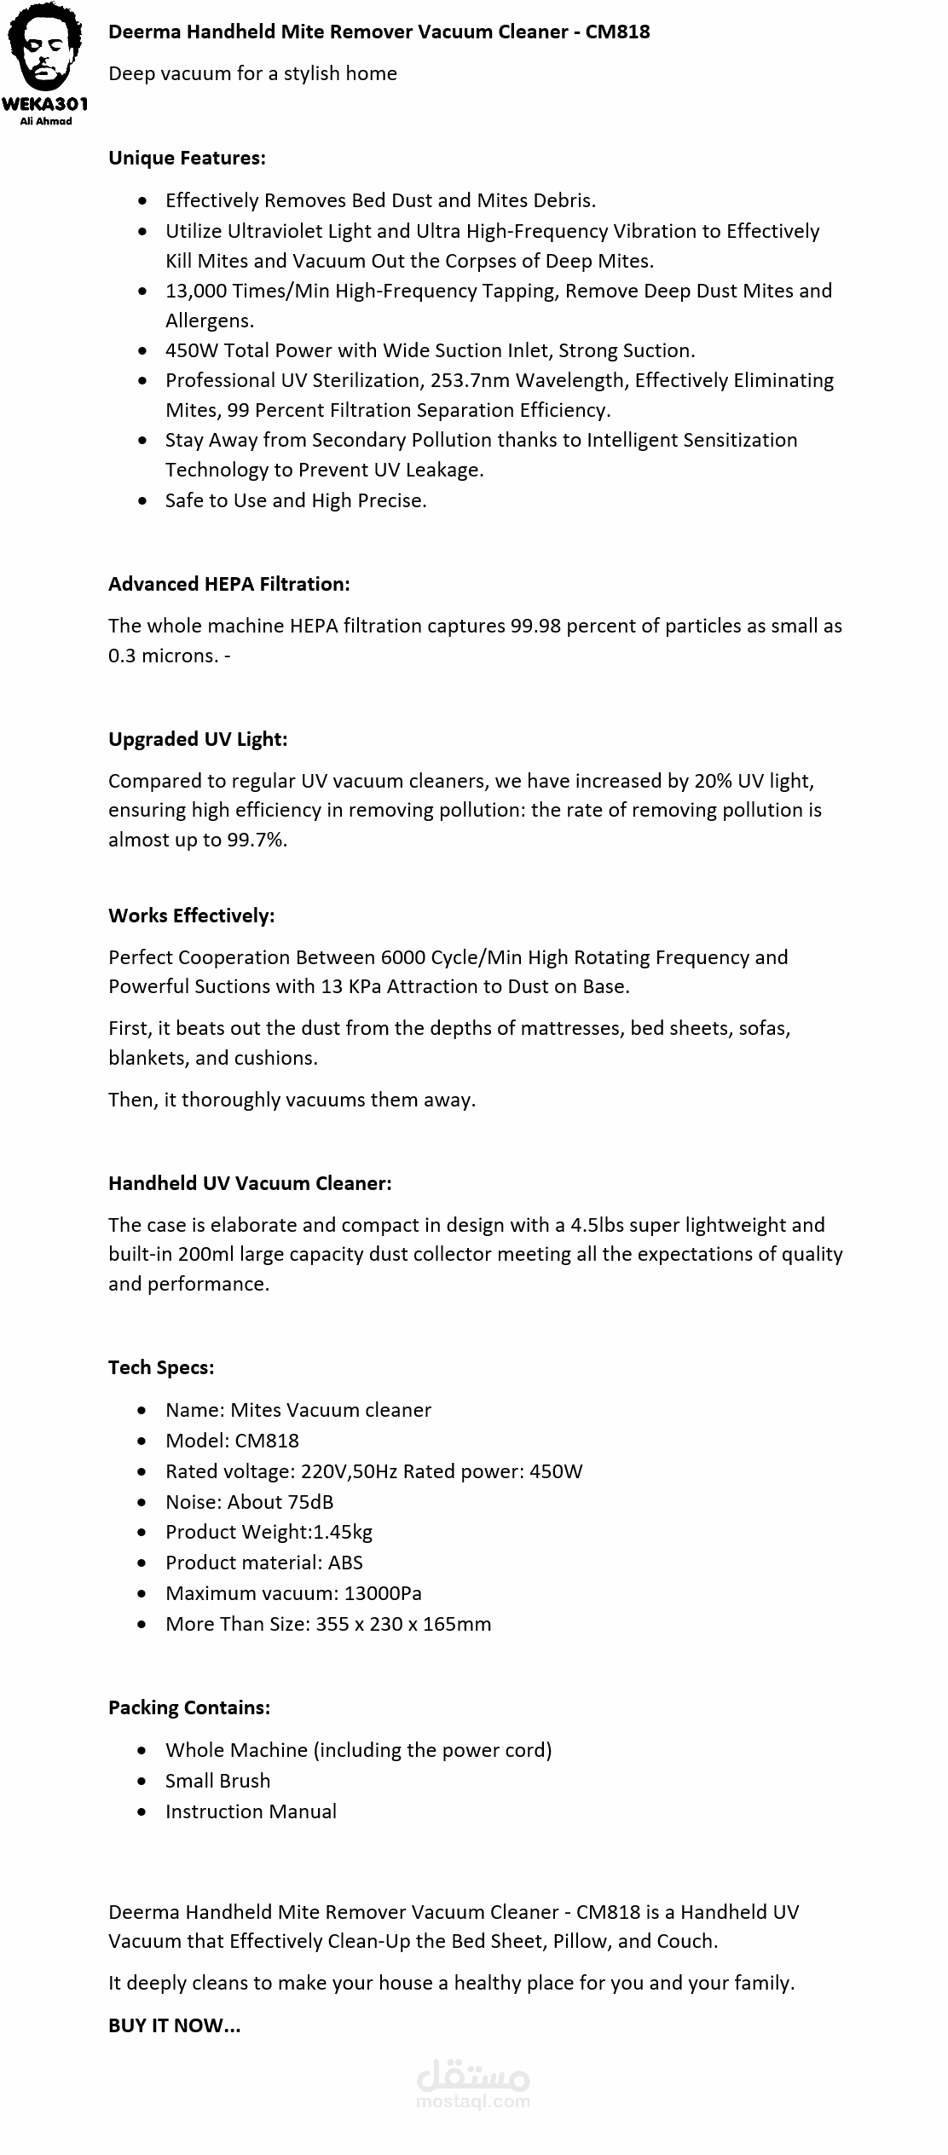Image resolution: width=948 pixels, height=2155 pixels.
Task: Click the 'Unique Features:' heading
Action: [x=187, y=158]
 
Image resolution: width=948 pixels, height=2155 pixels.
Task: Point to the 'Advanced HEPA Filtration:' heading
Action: [x=228, y=584]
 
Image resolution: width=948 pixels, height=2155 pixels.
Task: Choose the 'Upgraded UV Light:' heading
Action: [x=198, y=739]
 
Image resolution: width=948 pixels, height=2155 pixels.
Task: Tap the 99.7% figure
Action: [x=257, y=840]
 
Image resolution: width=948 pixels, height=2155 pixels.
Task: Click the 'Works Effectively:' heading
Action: [x=191, y=916]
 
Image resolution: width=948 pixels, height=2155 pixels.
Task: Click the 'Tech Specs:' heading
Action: [x=161, y=1367]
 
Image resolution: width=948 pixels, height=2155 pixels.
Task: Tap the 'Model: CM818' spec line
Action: [x=232, y=1441]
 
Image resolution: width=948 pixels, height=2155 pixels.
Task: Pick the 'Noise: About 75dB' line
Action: [x=249, y=1502]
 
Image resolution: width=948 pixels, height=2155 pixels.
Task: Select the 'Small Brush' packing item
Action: [x=217, y=1781]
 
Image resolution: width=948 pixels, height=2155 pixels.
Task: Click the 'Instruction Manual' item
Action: [x=251, y=1811]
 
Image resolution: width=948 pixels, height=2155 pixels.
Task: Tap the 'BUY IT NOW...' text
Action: [x=174, y=2025]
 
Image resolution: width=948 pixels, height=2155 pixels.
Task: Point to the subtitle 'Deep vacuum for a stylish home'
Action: [x=252, y=73]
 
